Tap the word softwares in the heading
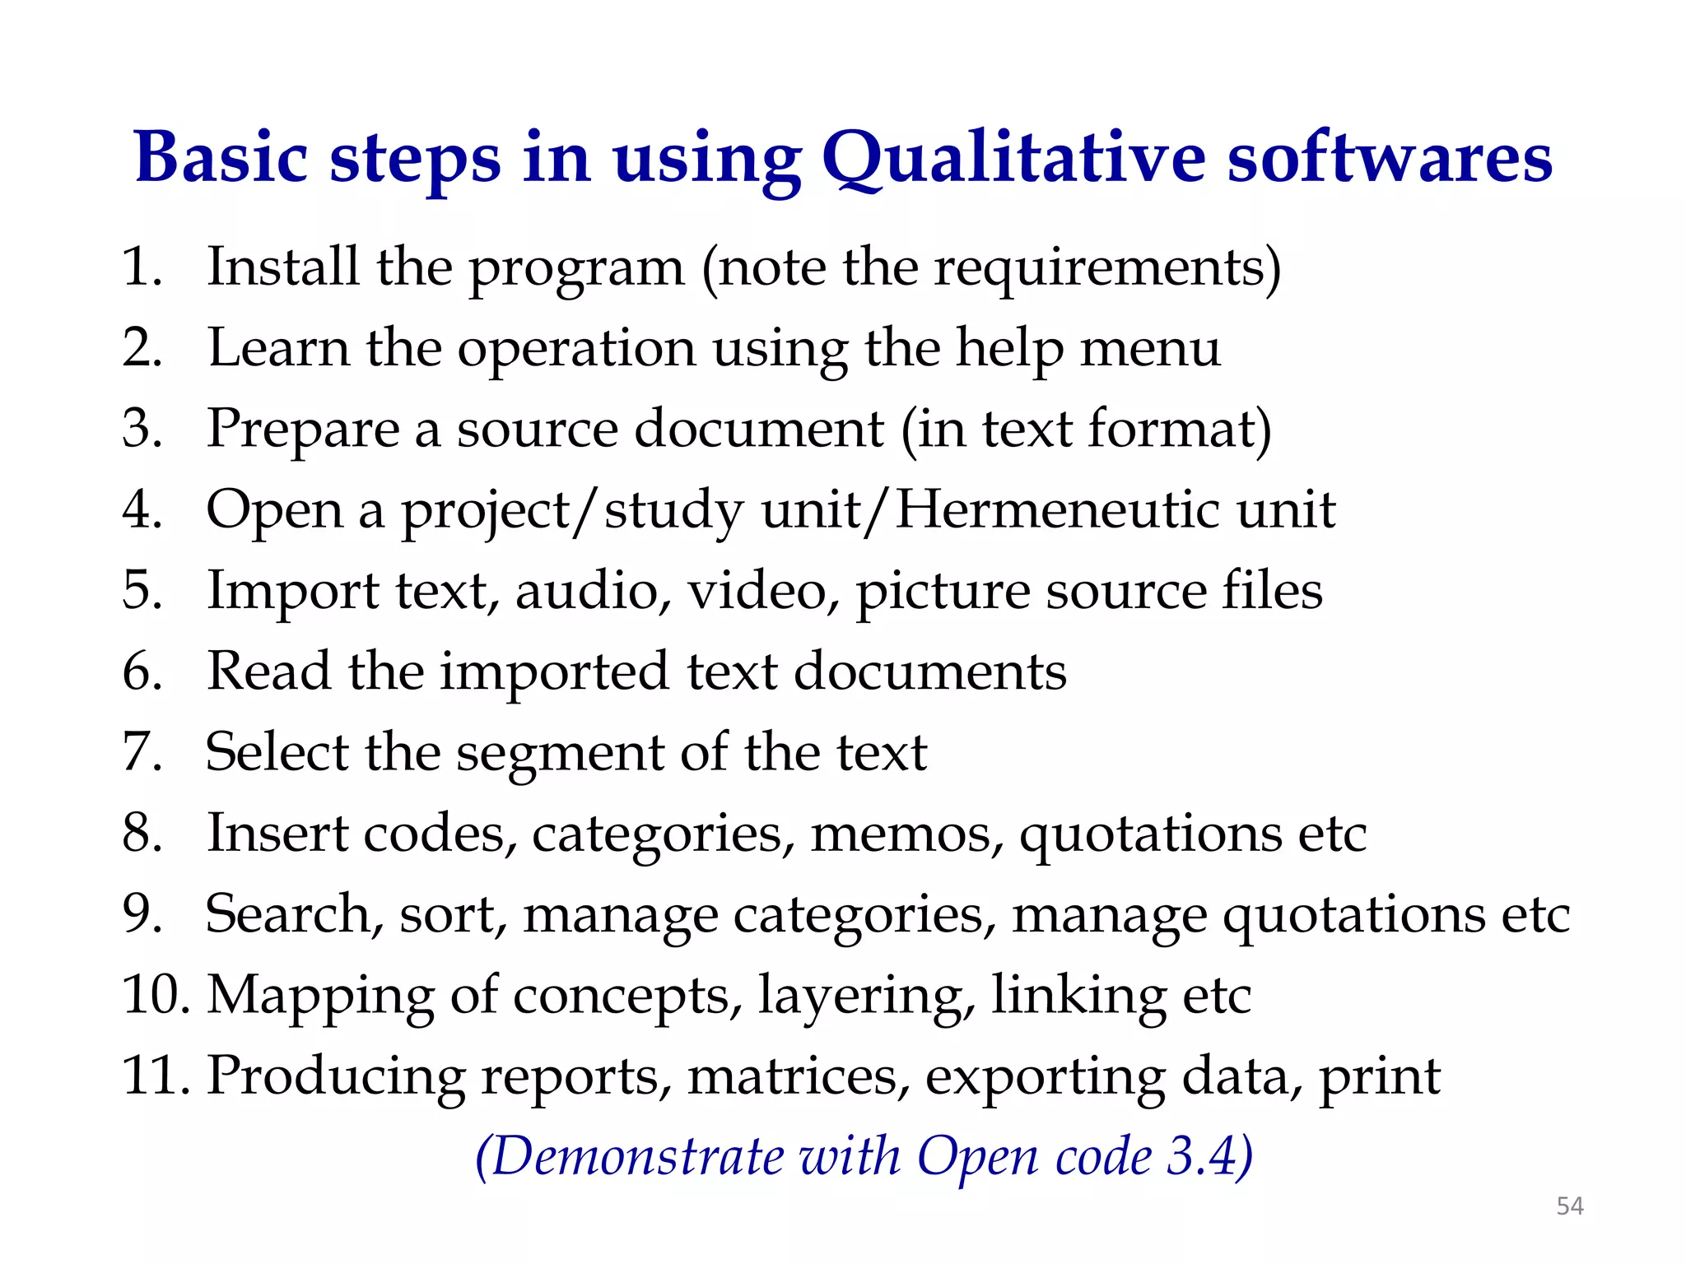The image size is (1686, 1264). point(1390,158)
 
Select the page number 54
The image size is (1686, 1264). point(1570,1206)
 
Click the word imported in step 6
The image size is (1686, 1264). point(554,672)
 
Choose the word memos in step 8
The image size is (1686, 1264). point(907,834)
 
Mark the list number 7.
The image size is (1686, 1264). point(141,751)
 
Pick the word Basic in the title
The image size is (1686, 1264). point(221,158)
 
